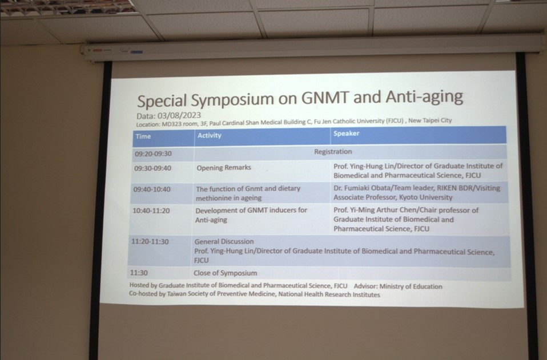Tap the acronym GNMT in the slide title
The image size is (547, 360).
click(x=324, y=98)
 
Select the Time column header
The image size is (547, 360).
click(x=143, y=136)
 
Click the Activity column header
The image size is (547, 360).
click(x=210, y=136)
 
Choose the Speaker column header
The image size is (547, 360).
click(x=346, y=134)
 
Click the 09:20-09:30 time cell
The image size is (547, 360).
click(x=153, y=153)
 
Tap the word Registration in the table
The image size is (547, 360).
click(x=333, y=152)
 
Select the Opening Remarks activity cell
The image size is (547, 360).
click(x=224, y=168)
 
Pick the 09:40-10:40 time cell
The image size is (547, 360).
click(x=152, y=189)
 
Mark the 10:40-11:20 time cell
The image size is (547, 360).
click(x=151, y=211)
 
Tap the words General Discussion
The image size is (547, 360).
click(x=224, y=241)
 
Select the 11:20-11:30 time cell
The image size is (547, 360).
click(x=150, y=241)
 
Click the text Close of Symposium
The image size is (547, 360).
click(x=225, y=273)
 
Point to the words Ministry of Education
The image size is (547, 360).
click(x=411, y=286)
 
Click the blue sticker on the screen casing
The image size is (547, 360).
click(x=137, y=52)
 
